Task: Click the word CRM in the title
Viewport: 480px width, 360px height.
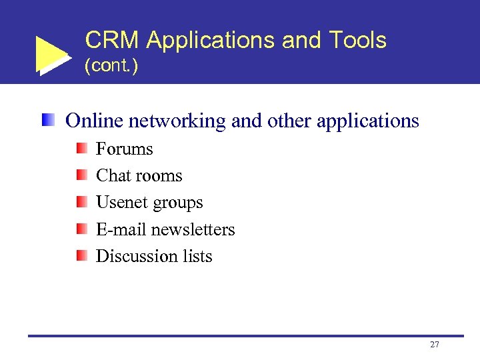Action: [x=112, y=41]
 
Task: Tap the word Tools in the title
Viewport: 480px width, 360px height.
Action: [x=357, y=41]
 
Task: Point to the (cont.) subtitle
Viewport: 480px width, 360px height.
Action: [x=111, y=67]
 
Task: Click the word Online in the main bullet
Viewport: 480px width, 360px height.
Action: [x=94, y=121]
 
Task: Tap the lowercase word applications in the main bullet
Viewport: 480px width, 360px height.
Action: [x=367, y=122]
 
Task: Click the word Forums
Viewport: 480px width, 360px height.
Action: [x=124, y=149]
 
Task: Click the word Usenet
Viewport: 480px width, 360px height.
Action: [x=121, y=202]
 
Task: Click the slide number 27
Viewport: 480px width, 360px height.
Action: [x=435, y=345]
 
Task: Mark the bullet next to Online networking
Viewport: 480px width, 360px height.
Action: [x=49, y=120]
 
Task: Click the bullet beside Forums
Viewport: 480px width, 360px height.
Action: [x=81, y=148]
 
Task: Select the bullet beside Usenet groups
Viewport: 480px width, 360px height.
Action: [x=81, y=201]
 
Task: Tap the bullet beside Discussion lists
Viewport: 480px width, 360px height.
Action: [x=81, y=255]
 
